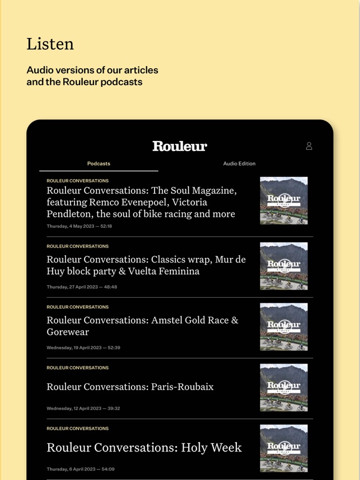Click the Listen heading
pyautogui.click(x=50, y=44)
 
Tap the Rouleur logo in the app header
pyautogui.click(x=180, y=146)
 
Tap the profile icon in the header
pyautogui.click(x=308, y=146)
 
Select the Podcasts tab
pyautogui.click(x=99, y=163)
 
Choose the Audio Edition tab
pyautogui.click(x=239, y=163)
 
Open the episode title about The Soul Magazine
pyautogui.click(x=141, y=202)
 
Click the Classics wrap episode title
pyautogui.click(x=146, y=265)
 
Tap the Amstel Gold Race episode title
pyautogui.click(x=142, y=326)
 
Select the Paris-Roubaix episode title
pyautogui.click(x=130, y=387)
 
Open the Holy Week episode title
pyautogui.click(x=144, y=448)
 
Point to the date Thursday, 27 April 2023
pyautogui.click(x=82, y=287)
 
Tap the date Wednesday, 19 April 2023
pyautogui.click(x=83, y=347)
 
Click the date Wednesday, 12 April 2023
pyautogui.click(x=83, y=408)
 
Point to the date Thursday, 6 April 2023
pyautogui.click(x=80, y=469)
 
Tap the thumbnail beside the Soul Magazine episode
pyautogui.click(x=283, y=200)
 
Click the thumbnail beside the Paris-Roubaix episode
pyautogui.click(x=283, y=387)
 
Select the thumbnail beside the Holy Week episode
pyautogui.click(x=283, y=448)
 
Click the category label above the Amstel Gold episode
pyautogui.click(x=77, y=307)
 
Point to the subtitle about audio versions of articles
pyautogui.click(x=92, y=76)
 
